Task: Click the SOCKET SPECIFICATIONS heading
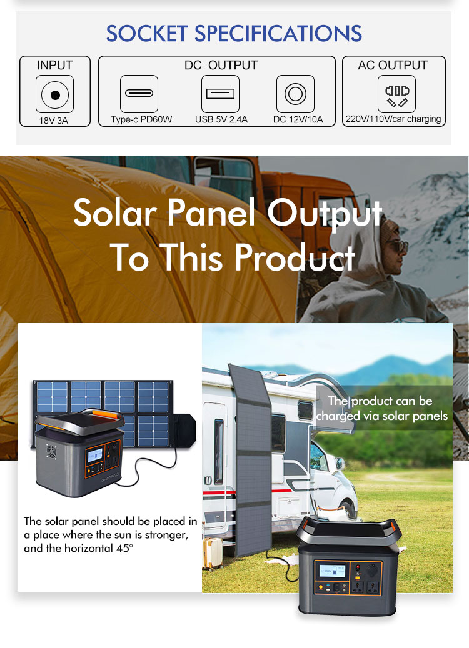tap(234, 34)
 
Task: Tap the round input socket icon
tap(54, 95)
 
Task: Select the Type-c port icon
tap(139, 93)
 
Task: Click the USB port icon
tap(220, 93)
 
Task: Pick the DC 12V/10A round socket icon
tap(295, 93)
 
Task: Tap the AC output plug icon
tap(396, 93)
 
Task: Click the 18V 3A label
tap(53, 121)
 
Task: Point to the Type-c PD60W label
tap(141, 120)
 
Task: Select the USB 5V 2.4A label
tap(221, 120)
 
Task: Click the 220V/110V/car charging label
tap(393, 119)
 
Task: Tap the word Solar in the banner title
tap(115, 212)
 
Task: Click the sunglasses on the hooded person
tap(396, 247)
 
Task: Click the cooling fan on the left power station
tap(51, 451)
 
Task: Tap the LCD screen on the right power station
tap(331, 571)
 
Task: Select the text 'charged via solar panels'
tap(381, 416)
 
